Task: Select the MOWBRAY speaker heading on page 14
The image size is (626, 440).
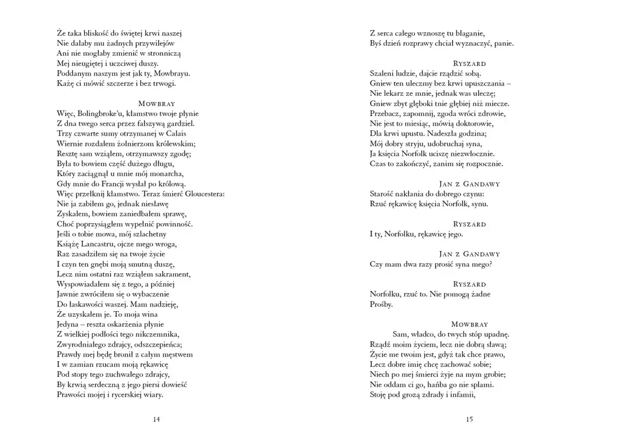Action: coord(156,103)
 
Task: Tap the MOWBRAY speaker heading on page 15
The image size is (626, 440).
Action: coord(469,324)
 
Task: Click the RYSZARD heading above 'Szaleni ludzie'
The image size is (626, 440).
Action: coord(469,64)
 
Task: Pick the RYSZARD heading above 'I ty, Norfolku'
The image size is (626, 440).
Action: coord(469,224)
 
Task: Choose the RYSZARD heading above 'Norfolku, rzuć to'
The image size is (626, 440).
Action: coord(469,285)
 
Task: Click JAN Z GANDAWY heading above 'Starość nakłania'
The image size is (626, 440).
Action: coord(469,184)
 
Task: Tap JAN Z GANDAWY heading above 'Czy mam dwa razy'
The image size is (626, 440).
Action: coord(469,254)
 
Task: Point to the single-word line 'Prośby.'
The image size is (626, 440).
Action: coord(381,304)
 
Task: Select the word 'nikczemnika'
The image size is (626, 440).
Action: coord(159,334)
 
